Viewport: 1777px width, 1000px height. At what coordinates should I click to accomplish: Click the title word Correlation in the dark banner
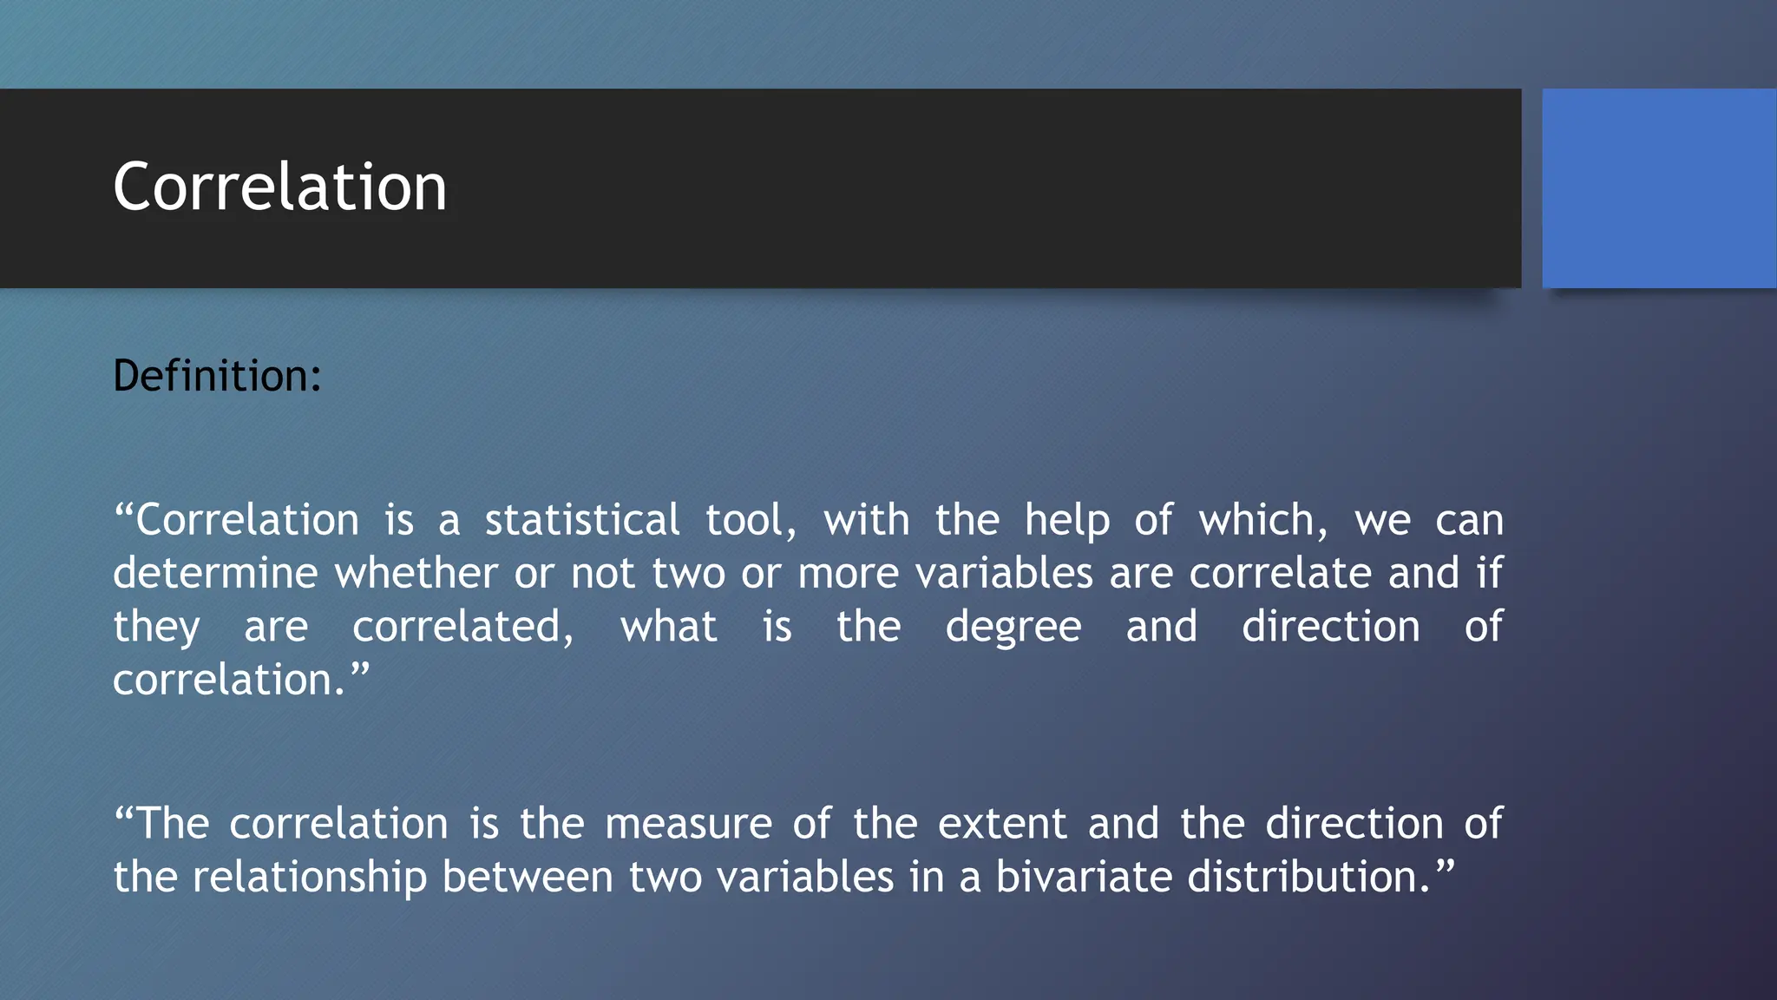click(x=279, y=187)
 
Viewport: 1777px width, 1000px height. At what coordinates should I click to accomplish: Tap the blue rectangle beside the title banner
click(x=1658, y=187)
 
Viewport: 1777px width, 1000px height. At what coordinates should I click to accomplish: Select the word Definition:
click(x=217, y=376)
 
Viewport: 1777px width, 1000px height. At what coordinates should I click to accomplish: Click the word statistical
click(x=581, y=521)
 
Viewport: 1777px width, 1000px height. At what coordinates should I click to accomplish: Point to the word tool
click(x=748, y=521)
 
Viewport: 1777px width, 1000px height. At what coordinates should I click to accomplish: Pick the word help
click(x=1066, y=521)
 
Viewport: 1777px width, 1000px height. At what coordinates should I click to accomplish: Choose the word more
click(x=848, y=574)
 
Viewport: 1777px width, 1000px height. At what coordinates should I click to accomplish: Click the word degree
click(x=1013, y=628)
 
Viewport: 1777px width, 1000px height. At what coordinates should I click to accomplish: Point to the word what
click(x=668, y=627)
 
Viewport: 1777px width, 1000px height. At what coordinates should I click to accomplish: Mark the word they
click(x=156, y=628)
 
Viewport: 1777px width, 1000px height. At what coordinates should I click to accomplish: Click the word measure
click(x=688, y=824)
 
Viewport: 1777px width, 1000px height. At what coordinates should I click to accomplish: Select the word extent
click(x=1002, y=824)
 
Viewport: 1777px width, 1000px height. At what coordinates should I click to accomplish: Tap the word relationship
click(x=310, y=878)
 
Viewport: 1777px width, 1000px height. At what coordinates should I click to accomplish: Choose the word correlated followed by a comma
click(x=461, y=627)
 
